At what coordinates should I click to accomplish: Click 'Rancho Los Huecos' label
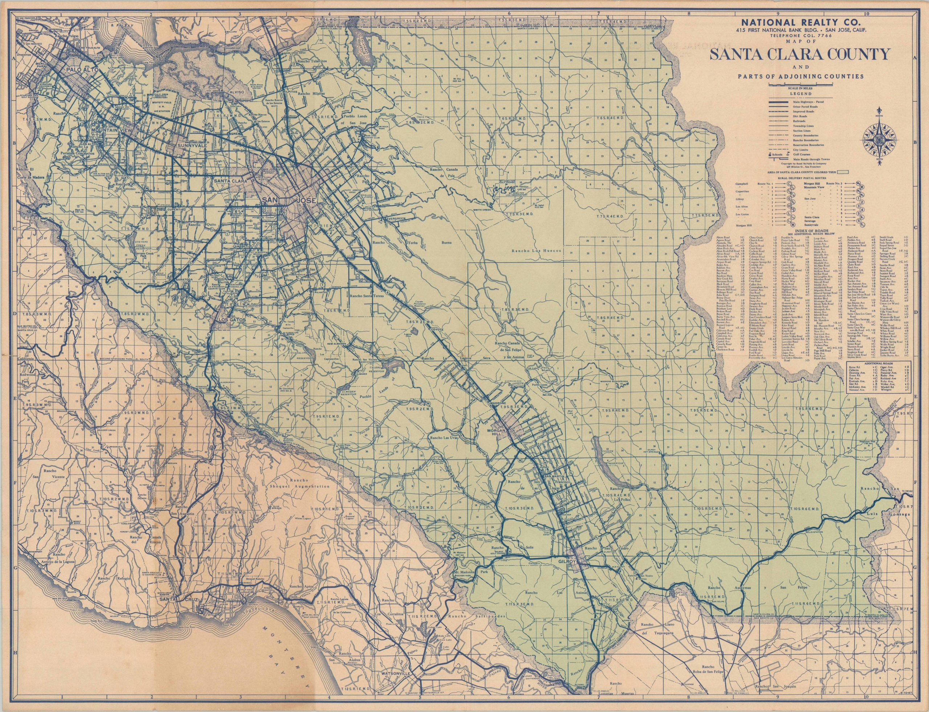coord(537,251)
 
